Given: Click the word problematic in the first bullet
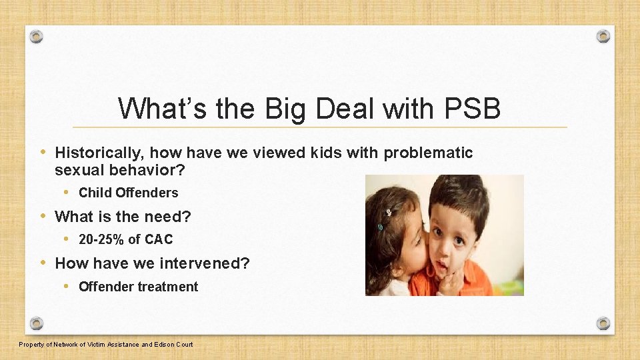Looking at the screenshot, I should click(428, 153).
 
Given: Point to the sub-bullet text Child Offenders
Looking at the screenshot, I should click(128, 193).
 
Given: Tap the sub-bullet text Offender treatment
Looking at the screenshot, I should click(138, 287).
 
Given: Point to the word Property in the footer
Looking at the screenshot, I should click(31, 345).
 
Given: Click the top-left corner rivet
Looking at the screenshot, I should click(37, 36).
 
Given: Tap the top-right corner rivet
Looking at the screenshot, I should click(603, 36).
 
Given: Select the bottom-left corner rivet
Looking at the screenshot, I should click(37, 323).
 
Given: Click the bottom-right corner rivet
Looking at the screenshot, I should click(603, 323).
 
